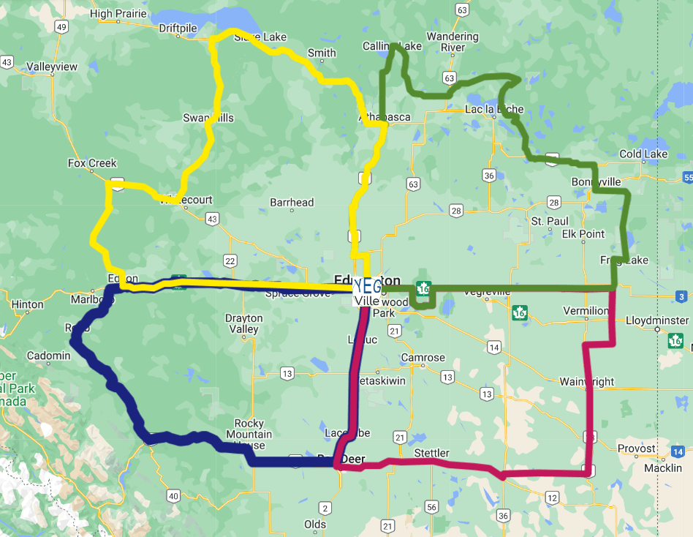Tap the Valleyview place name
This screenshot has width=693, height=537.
point(52,67)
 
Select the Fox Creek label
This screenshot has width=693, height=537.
point(92,163)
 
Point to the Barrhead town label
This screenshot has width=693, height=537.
point(292,203)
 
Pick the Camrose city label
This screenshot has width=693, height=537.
point(423,358)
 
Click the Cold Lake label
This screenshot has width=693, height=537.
point(643,154)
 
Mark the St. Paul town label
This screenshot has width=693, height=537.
point(550,221)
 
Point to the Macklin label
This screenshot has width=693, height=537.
point(663,468)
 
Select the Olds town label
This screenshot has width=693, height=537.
point(315,525)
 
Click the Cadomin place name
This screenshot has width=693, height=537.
point(48,356)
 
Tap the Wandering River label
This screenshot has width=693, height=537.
point(452,42)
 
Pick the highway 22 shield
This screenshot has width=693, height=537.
point(230,261)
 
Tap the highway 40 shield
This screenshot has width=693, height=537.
point(173,497)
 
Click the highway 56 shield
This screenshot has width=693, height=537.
point(431,507)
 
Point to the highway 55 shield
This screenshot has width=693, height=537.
point(688,178)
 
